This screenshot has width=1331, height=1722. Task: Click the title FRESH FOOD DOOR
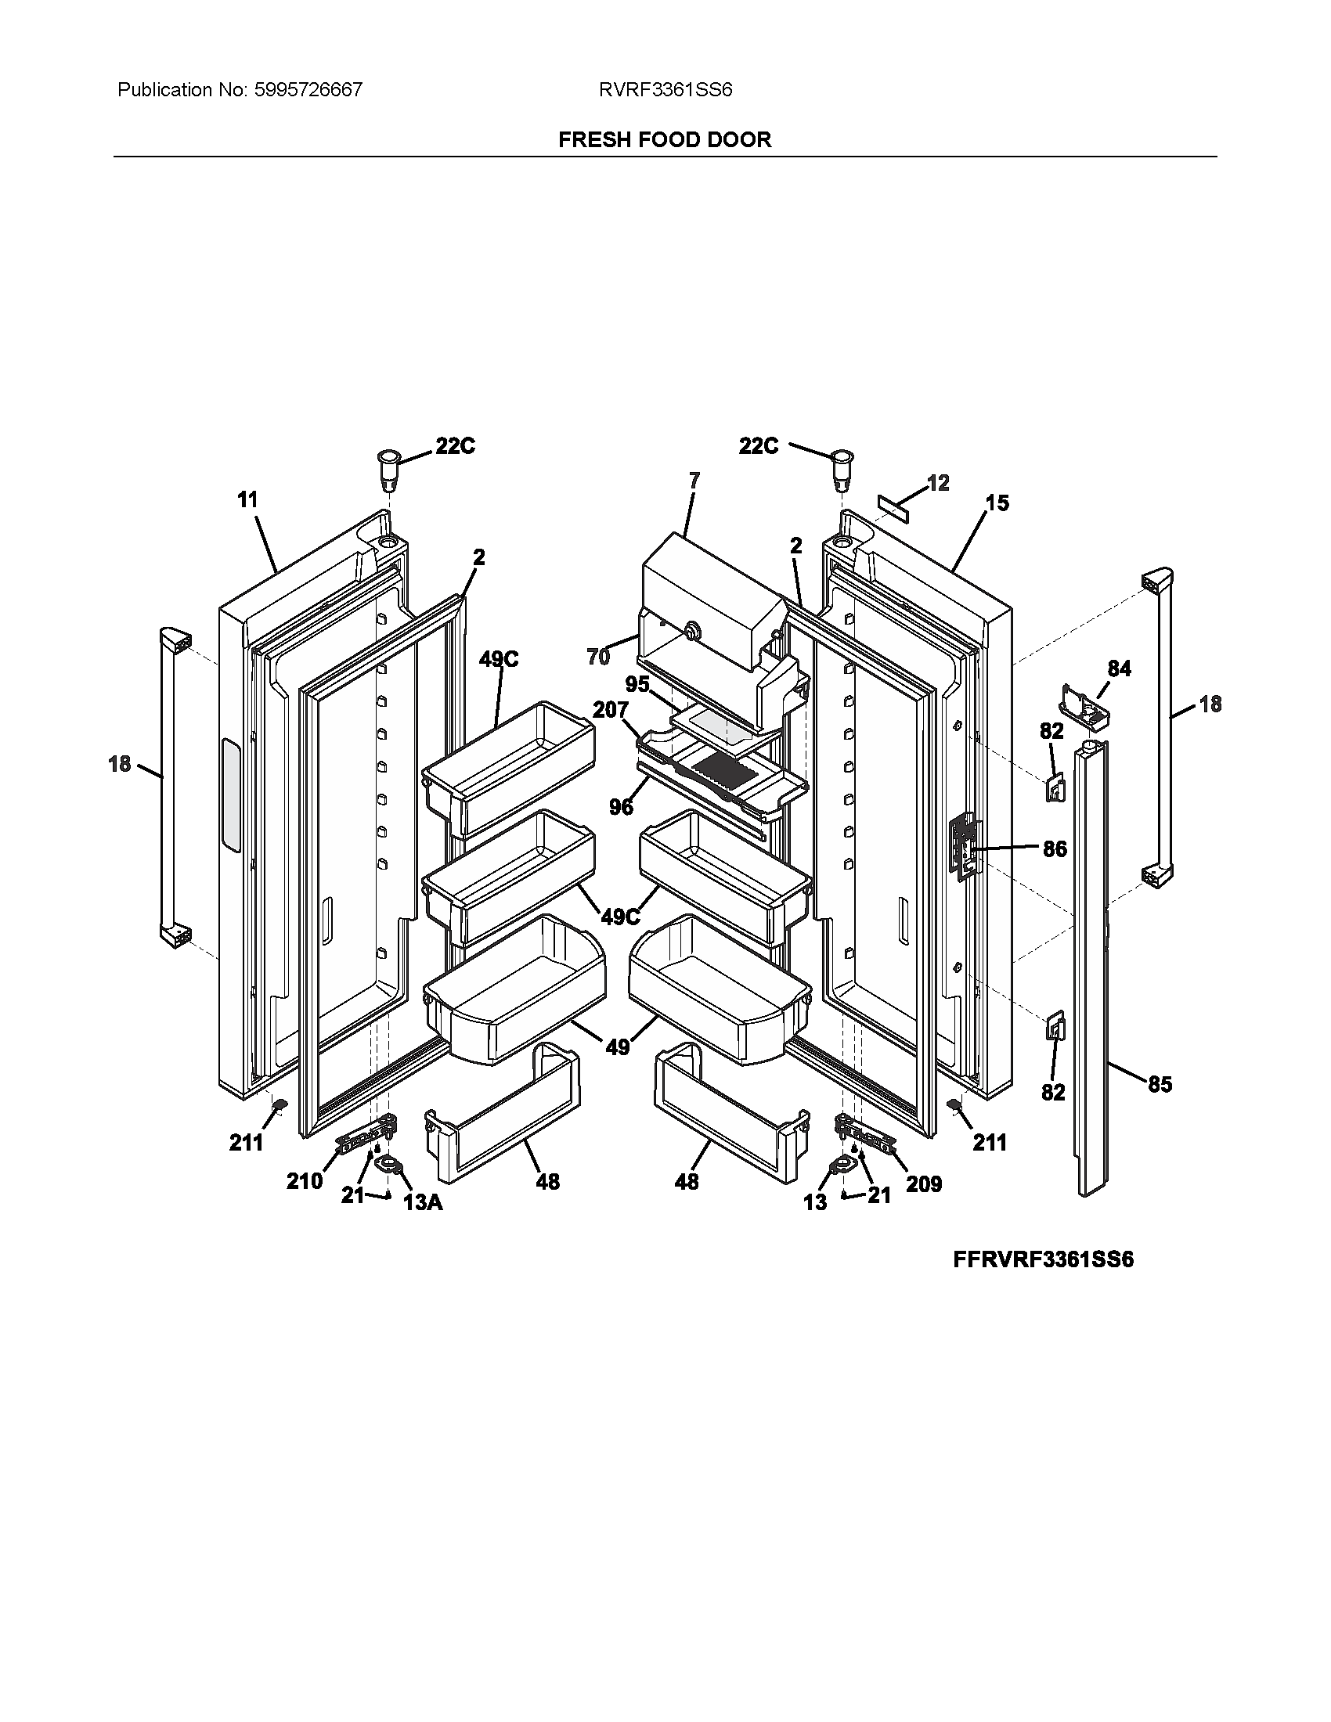pyautogui.click(x=665, y=139)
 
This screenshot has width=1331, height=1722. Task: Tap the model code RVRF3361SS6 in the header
pyautogui.click(x=665, y=90)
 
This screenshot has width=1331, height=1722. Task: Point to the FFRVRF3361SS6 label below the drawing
pyautogui.click(x=1043, y=1259)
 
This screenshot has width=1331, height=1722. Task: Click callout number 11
pyautogui.click(x=247, y=500)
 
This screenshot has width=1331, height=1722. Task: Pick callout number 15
pyautogui.click(x=997, y=503)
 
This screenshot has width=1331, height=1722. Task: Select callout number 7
pyautogui.click(x=694, y=480)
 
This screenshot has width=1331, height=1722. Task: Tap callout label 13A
pyautogui.click(x=422, y=1202)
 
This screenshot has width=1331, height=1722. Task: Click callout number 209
pyautogui.click(x=923, y=1183)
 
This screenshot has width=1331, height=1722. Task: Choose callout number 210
pyautogui.click(x=305, y=1180)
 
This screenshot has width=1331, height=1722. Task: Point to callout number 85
pyautogui.click(x=1160, y=1085)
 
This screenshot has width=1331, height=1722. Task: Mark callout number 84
pyautogui.click(x=1119, y=669)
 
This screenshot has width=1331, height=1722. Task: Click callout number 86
pyautogui.click(x=1055, y=849)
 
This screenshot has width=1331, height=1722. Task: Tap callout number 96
pyautogui.click(x=621, y=806)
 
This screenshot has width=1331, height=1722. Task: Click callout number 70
pyautogui.click(x=598, y=656)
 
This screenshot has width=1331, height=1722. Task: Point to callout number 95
pyautogui.click(x=637, y=683)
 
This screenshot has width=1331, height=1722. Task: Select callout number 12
pyautogui.click(x=937, y=482)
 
